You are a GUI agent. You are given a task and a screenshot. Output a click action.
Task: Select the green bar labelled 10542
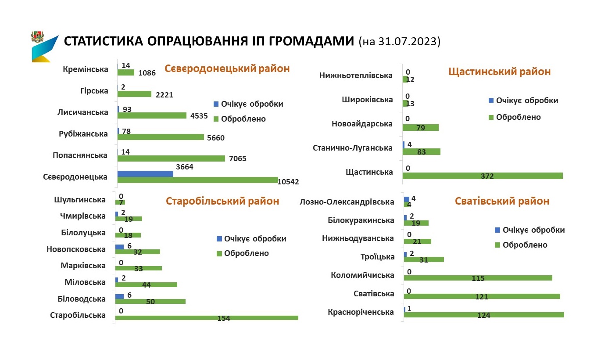click(197, 180)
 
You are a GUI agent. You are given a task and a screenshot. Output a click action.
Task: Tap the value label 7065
click(238, 158)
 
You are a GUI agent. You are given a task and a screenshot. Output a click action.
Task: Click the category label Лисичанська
click(83, 112)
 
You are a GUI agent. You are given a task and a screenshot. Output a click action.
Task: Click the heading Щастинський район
click(500, 72)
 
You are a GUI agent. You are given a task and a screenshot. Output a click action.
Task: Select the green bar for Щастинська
click(483, 176)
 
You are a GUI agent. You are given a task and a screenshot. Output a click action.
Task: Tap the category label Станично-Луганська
click(352, 148)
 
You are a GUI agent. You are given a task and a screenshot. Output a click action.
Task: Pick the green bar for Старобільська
click(206, 318)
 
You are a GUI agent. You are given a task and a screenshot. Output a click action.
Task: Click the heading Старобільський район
click(222, 201)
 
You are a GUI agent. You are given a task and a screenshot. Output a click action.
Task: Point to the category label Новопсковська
click(76, 249)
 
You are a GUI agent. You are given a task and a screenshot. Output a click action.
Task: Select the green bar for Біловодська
click(150, 302)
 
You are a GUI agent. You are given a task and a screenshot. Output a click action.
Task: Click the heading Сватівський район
click(502, 201)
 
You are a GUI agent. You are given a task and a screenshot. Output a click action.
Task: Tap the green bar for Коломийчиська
click(478, 278)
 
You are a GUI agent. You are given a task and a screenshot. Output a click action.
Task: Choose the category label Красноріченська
click(361, 312)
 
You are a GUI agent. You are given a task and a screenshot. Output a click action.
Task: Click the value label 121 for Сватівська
click(482, 297)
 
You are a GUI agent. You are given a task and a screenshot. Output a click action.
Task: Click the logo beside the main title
click(44, 46)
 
